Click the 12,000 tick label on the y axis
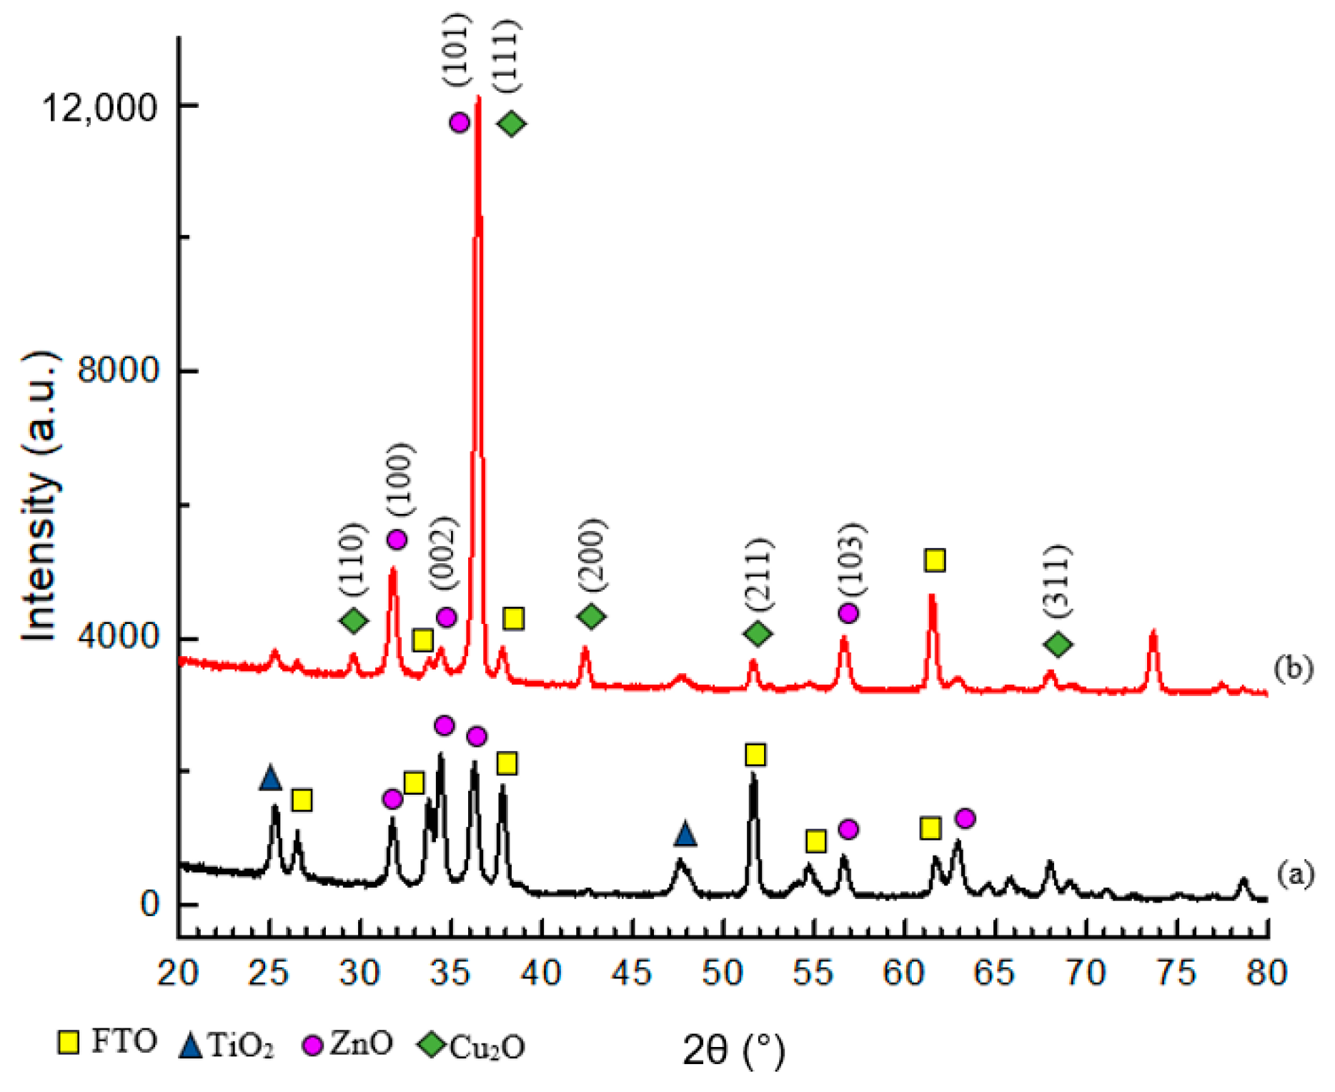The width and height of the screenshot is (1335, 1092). [x=98, y=108]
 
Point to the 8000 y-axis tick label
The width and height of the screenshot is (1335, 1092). [x=117, y=371]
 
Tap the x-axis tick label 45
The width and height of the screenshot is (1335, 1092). [x=632, y=973]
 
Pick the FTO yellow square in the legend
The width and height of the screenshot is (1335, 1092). [x=69, y=1043]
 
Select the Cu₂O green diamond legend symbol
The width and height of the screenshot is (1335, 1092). [x=431, y=1044]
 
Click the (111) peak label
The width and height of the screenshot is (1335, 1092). [x=508, y=56]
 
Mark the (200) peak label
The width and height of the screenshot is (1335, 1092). [x=592, y=555]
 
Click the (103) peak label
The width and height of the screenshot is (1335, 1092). [x=851, y=560]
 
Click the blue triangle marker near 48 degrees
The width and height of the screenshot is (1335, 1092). [x=685, y=833]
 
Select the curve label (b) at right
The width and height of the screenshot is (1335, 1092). [x=1293, y=668]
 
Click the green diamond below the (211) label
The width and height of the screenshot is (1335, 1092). [x=758, y=633]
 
